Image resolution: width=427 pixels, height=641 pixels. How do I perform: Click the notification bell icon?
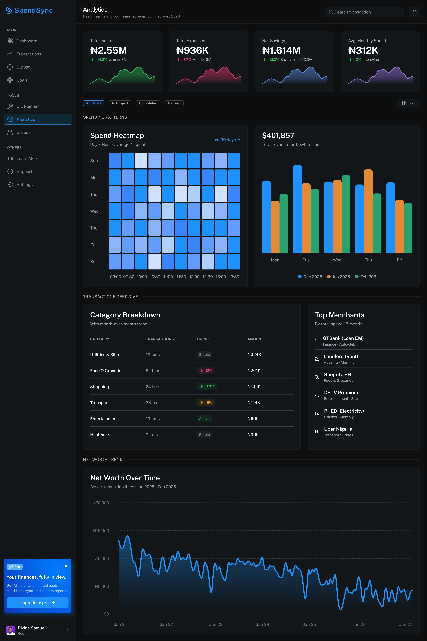[414, 12]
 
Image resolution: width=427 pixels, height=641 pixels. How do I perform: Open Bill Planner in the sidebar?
[28, 106]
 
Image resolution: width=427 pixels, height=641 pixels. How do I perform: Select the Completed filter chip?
[148, 103]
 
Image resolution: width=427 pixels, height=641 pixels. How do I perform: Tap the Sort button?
[408, 103]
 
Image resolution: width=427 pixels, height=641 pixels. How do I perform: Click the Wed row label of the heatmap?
[95, 211]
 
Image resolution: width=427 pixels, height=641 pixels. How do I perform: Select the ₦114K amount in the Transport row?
[254, 403]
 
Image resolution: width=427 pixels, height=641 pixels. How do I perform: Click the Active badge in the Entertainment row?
[204, 419]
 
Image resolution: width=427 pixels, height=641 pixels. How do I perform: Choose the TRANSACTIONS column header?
[160, 339]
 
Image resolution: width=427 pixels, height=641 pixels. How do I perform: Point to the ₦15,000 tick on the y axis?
[101, 531]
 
